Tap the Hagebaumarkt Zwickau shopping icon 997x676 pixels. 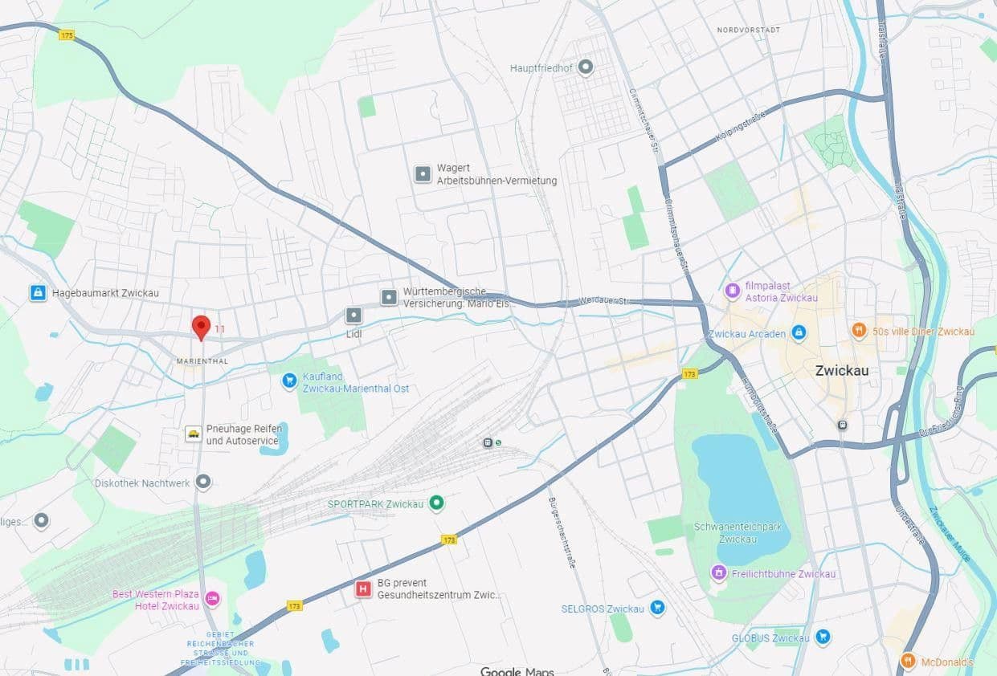pyautogui.click(x=37, y=293)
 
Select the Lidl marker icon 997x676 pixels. pyautogui.click(x=353, y=316)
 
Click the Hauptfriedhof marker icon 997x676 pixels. pyautogui.click(x=586, y=67)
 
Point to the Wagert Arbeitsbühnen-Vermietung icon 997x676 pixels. pyautogui.click(x=423, y=174)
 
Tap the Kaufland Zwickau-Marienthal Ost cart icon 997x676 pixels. pyautogui.click(x=289, y=381)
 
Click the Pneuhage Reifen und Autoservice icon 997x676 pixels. pyautogui.click(x=194, y=434)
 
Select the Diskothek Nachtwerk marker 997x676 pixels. pyautogui.click(x=203, y=483)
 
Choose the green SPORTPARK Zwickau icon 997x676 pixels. pyautogui.click(x=436, y=503)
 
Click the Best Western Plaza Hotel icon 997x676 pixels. pyautogui.click(x=212, y=599)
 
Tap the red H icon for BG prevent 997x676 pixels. pyautogui.click(x=363, y=589)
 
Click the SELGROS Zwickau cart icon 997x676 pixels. pyautogui.click(x=657, y=608)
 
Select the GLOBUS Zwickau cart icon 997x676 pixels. pyautogui.click(x=822, y=637)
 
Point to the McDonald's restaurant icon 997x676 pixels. pyautogui.click(x=908, y=662)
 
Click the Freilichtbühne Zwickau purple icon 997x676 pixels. pyautogui.click(x=719, y=573)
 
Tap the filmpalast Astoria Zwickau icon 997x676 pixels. pyautogui.click(x=732, y=291)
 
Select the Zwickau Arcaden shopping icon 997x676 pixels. pyautogui.click(x=798, y=332)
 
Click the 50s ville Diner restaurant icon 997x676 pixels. pyautogui.click(x=859, y=331)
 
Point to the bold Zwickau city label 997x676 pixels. pyautogui.click(x=841, y=371)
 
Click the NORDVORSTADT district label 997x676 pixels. pyautogui.click(x=748, y=30)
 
